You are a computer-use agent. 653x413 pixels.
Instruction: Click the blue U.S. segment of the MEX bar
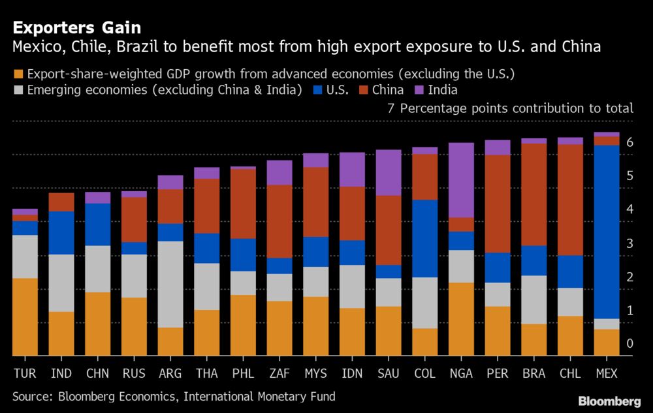pos(607,232)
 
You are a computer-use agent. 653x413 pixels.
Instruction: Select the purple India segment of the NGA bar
pos(461,180)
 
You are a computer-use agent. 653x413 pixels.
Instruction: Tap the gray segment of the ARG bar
pos(170,284)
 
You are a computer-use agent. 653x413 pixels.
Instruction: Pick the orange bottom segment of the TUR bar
pos(25,317)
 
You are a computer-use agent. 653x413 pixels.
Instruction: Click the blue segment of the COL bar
pos(425,239)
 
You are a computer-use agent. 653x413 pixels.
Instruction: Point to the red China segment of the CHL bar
pos(570,200)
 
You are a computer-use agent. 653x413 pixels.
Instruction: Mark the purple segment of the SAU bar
pos(389,173)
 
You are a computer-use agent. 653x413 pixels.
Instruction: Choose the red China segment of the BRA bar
pos(534,194)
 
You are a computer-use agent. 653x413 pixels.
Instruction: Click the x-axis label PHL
pos(243,373)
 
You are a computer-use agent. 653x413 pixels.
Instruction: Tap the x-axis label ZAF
pos(279,373)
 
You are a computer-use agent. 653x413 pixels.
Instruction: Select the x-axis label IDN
pos(352,373)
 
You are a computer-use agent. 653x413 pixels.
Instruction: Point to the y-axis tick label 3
pos(629,243)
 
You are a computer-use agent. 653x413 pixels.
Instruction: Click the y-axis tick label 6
pos(629,142)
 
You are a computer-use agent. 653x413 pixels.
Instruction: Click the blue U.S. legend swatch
pos(318,90)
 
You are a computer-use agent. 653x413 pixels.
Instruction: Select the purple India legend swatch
pos(419,90)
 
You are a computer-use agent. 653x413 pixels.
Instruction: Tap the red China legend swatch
pos(364,90)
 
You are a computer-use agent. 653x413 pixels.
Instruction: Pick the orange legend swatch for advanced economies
pos(18,74)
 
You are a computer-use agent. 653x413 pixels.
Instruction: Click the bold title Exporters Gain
pos(77,28)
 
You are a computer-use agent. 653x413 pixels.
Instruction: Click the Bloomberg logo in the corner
pos(609,401)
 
